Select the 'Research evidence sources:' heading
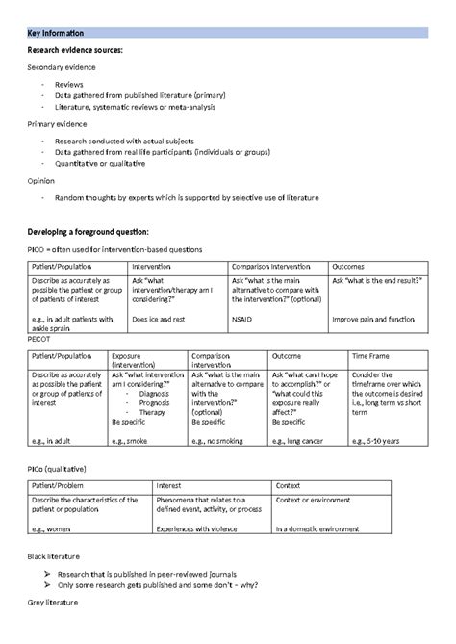pos(75,51)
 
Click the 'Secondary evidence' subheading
pos(61,68)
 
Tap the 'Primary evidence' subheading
pos(57,124)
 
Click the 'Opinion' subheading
pos(41,180)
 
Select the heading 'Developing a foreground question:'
pos(88,232)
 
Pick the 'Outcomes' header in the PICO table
pos(348,265)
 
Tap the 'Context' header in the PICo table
pos(289,485)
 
